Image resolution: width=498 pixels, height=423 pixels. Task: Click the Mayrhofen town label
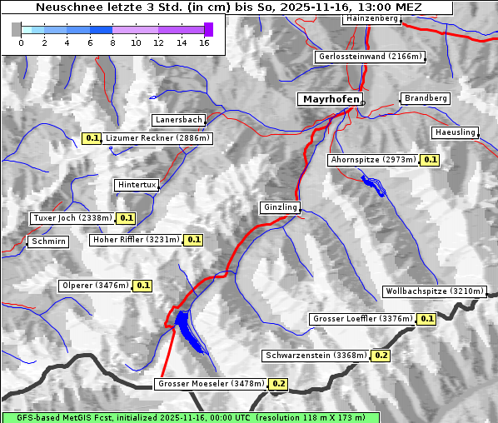click(x=331, y=99)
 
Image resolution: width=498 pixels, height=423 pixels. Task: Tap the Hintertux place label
click(x=136, y=185)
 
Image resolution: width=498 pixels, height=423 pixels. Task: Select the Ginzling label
click(x=280, y=207)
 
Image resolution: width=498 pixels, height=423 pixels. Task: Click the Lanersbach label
click(x=178, y=120)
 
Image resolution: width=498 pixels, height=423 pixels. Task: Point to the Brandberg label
click(x=426, y=98)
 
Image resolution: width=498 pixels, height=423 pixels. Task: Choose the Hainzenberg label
click(x=371, y=17)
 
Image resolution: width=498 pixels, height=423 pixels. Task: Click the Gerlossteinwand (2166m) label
click(x=371, y=57)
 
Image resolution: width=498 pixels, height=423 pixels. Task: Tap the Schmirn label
click(x=47, y=241)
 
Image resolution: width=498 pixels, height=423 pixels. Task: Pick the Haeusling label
click(x=455, y=132)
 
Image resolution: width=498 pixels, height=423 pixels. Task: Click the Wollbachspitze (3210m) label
click(x=434, y=291)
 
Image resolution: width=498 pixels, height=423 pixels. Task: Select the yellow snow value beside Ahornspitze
click(x=430, y=159)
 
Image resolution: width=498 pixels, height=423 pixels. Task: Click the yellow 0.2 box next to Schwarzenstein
click(x=381, y=356)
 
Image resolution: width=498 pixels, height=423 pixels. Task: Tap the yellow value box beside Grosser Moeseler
click(x=278, y=384)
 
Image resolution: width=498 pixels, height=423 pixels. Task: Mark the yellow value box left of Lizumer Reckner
click(x=92, y=138)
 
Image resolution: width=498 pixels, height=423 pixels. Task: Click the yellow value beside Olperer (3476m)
click(x=142, y=286)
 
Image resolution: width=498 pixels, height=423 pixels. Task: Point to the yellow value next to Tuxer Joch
click(x=126, y=218)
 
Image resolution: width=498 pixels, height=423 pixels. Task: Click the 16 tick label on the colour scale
click(x=204, y=42)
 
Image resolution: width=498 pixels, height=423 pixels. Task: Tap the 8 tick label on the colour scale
click(x=112, y=42)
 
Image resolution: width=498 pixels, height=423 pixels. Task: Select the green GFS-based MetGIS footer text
click(x=190, y=417)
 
